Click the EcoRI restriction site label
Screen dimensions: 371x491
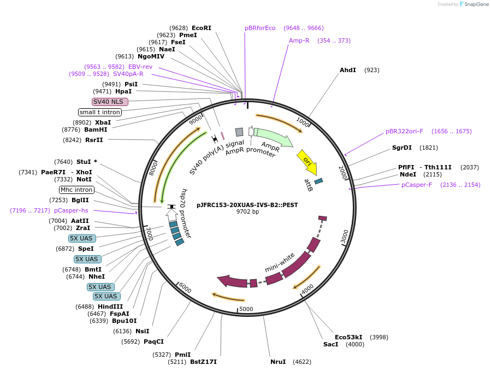coord(201,28)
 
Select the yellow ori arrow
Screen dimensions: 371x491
coord(307,162)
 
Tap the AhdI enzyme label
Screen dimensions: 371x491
coord(347,70)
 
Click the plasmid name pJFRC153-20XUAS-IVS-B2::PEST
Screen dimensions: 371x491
coord(247,205)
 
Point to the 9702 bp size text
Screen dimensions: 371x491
coord(247,212)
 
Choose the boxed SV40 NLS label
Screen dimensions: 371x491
coord(110,102)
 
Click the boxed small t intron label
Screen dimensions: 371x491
coord(99,112)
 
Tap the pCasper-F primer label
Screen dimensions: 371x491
coord(417,185)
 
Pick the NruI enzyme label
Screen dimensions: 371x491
coord(278,362)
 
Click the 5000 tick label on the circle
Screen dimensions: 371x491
coord(247,309)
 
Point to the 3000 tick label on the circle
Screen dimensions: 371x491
coord(345,237)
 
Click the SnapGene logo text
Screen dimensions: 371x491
coord(475,4)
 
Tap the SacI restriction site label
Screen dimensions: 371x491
coord(331,344)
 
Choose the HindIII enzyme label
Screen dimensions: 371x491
coord(110,307)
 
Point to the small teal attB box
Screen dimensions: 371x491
coord(318,181)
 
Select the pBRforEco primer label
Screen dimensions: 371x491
coord(260,28)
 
